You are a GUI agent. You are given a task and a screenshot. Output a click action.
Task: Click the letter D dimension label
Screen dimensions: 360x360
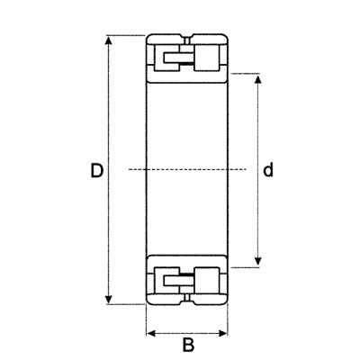[97, 170]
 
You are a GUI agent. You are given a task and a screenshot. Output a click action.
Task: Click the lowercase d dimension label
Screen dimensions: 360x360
[268, 170]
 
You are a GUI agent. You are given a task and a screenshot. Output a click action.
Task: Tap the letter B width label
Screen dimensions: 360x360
[188, 345]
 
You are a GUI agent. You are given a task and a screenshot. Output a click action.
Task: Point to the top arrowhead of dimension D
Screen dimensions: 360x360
[109, 40]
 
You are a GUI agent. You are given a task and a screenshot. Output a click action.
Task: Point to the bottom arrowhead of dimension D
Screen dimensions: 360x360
[109, 300]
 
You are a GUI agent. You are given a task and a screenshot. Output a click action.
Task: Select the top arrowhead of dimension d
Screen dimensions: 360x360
[257, 78]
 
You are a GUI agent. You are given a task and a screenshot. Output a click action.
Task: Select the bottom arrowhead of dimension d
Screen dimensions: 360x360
[257, 261]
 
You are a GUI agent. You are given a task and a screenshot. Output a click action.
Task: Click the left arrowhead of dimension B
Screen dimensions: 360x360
[152, 333]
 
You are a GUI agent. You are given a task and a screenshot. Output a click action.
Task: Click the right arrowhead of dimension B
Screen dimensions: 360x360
[223, 333]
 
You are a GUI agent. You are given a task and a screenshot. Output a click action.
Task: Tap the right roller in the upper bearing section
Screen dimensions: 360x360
[206, 58]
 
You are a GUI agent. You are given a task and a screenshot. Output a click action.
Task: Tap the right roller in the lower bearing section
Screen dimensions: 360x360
[206, 281]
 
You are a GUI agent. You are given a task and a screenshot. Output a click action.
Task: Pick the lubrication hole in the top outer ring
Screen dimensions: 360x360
[187, 40]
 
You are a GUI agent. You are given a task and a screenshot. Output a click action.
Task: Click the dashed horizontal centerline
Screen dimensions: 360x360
[187, 169]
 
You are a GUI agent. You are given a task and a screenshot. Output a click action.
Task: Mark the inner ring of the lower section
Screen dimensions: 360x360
[187, 261]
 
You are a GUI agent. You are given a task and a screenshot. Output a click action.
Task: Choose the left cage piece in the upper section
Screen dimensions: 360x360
[178, 58]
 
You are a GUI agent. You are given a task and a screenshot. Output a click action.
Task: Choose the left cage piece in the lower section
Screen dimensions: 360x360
[178, 281]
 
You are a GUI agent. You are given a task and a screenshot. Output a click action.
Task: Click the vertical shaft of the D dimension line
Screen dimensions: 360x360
[109, 170]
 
